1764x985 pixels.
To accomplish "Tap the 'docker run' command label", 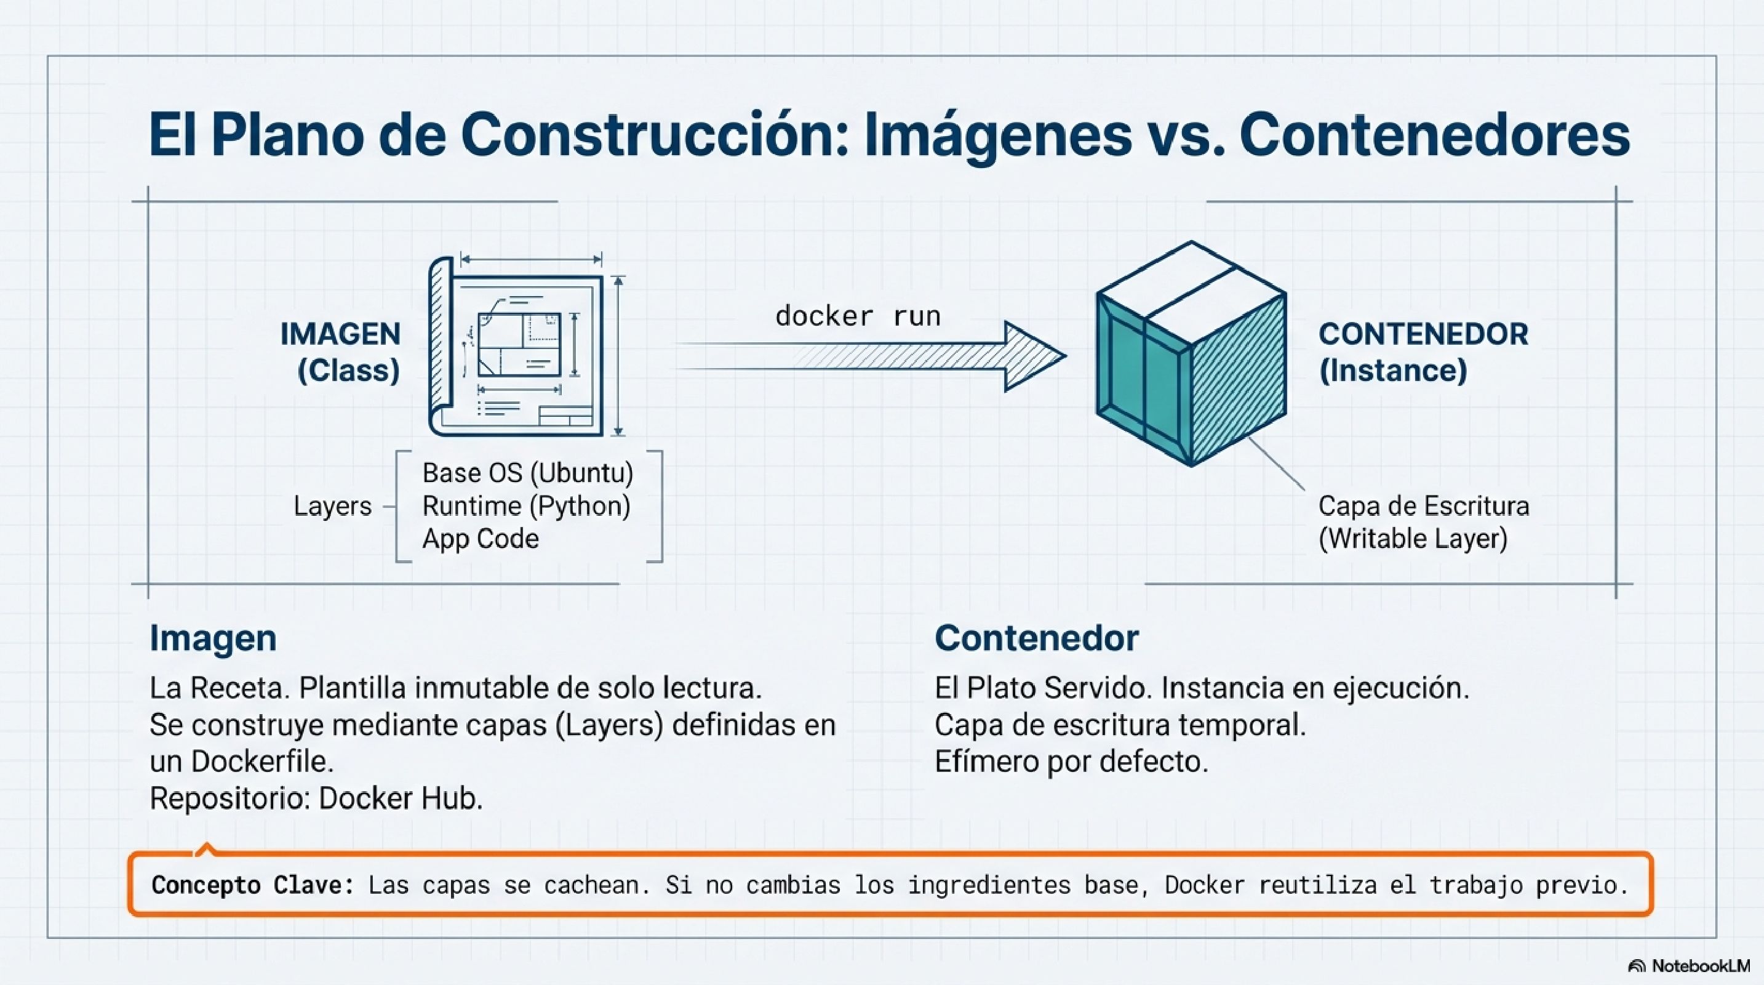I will [x=857, y=316].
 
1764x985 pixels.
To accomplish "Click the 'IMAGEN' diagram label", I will [x=340, y=334].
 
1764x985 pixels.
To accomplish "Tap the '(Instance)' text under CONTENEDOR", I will [x=1393, y=371].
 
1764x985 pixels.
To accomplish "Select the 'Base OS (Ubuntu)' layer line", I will [x=527, y=473].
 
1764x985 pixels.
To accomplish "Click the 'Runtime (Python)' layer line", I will [x=526, y=506].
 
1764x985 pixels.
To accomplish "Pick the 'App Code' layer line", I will [x=480, y=539].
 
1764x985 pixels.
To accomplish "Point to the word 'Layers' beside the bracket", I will [x=332, y=506].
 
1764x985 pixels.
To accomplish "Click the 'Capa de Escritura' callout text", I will [x=1423, y=506].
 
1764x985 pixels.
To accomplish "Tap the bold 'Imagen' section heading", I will [x=213, y=638].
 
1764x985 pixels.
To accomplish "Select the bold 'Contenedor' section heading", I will [x=1036, y=638].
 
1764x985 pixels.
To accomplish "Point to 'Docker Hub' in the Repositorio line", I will [x=401, y=798].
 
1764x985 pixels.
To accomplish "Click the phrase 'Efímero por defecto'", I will [x=1071, y=762].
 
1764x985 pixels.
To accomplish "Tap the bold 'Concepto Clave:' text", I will [x=253, y=885].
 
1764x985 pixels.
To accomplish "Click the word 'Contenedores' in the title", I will [x=1434, y=135].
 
